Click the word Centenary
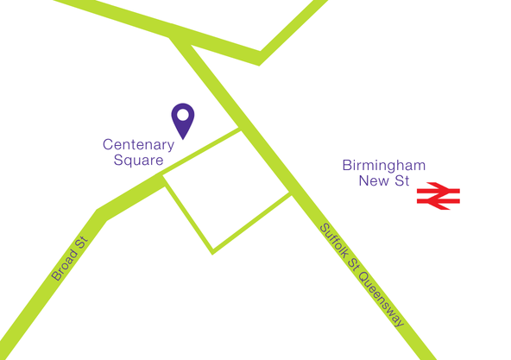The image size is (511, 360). [138, 145]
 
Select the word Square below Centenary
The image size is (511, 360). [138, 160]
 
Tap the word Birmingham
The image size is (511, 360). [383, 166]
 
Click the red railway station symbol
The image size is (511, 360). [438, 196]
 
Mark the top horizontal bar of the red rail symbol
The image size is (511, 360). [438, 189]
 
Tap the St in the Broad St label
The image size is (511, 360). [82, 243]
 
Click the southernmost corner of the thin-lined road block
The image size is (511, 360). [212, 252]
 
